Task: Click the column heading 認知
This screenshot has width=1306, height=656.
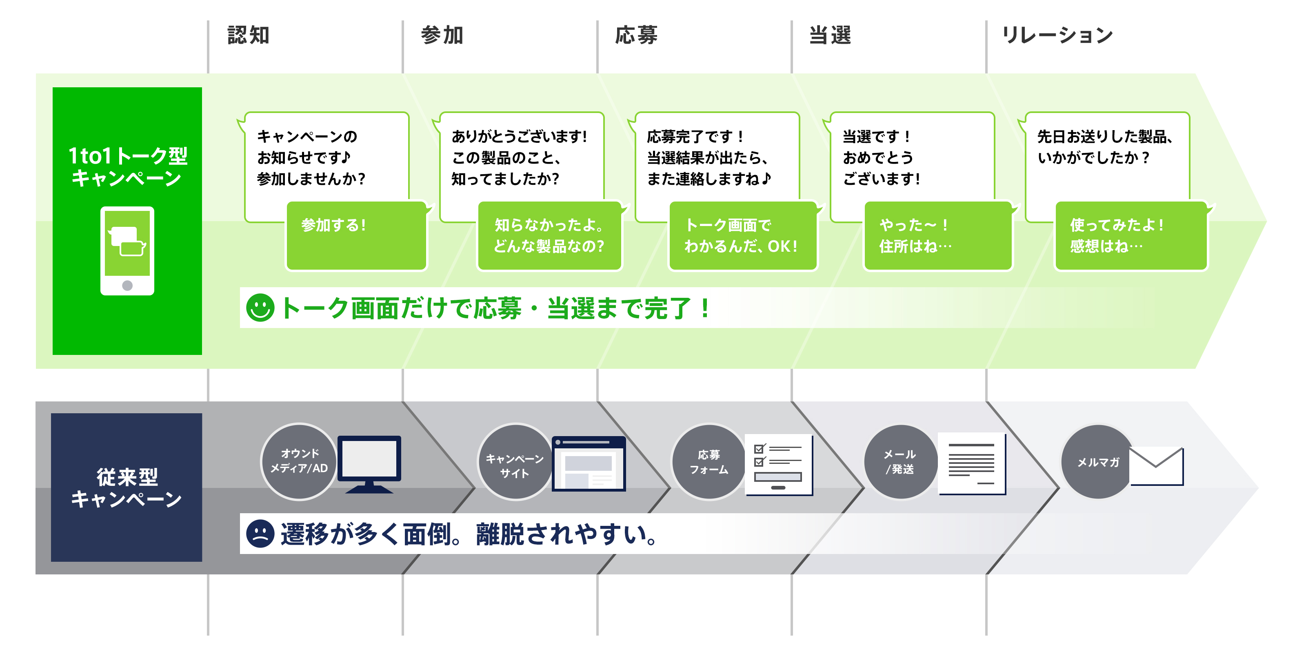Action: [x=249, y=35]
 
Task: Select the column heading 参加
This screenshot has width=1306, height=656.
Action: [x=442, y=35]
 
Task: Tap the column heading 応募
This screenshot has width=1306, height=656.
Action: [x=636, y=35]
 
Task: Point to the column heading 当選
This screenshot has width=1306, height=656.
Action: [x=831, y=35]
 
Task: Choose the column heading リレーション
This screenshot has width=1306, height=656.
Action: [x=1057, y=35]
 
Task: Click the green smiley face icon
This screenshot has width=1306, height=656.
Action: [x=260, y=308]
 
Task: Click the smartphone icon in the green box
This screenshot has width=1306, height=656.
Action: [x=127, y=250]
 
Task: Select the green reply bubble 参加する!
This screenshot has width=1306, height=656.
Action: [x=356, y=236]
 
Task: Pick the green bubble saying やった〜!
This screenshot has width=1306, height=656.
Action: [x=938, y=236]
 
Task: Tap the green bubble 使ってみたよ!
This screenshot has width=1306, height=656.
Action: [x=1131, y=236]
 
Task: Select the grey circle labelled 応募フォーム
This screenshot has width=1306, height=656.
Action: [x=709, y=462]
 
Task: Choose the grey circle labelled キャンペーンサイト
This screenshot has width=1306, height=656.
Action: [x=515, y=462]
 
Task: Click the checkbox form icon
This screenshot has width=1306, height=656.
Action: [x=778, y=464]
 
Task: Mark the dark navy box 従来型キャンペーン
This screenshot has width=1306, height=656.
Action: [x=127, y=487]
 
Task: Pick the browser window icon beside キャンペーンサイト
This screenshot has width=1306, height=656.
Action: [x=589, y=463]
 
